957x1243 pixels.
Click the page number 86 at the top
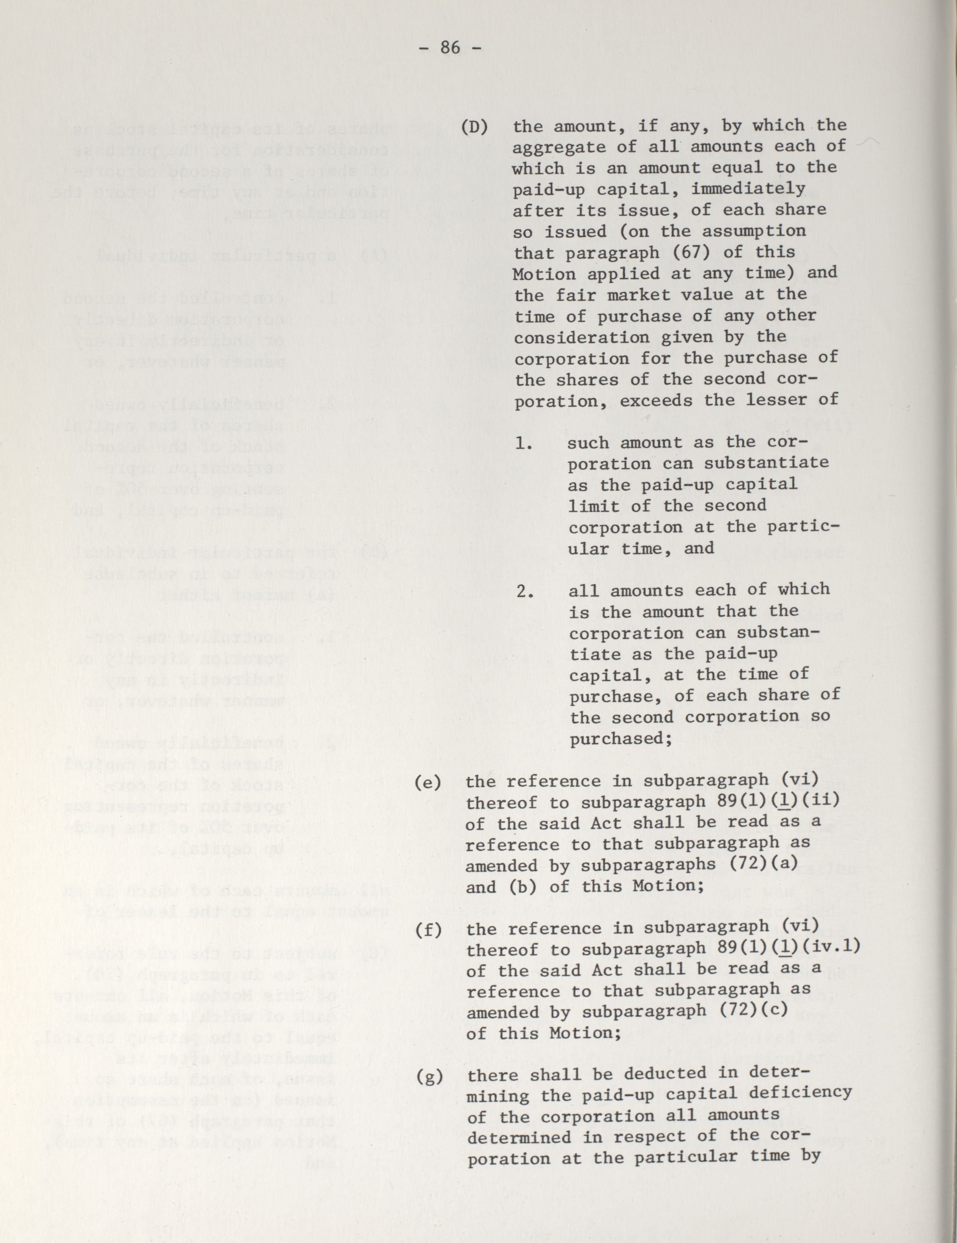point(450,48)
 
